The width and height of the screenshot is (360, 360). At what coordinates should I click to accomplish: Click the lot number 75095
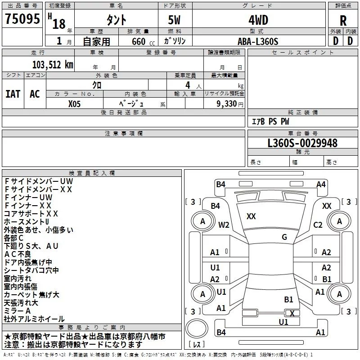click(x=22, y=18)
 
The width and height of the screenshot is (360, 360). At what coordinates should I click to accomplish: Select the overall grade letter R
click(x=343, y=21)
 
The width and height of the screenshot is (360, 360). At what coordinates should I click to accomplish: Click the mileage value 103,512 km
click(x=53, y=65)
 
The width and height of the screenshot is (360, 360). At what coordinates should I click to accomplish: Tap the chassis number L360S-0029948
click(x=302, y=143)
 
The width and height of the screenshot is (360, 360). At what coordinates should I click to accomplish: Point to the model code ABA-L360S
click(x=258, y=41)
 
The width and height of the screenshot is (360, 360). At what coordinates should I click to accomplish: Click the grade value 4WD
click(x=258, y=20)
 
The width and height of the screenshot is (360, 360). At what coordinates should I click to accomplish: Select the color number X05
click(x=74, y=104)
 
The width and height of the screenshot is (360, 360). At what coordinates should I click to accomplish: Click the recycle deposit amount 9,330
click(x=227, y=103)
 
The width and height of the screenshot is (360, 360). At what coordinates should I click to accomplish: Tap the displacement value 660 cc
click(x=143, y=41)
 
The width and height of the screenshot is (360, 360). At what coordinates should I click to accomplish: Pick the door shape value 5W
click(x=174, y=20)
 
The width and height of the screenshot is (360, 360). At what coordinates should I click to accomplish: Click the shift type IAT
click(x=13, y=94)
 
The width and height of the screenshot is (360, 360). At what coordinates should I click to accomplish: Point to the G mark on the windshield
click(x=284, y=237)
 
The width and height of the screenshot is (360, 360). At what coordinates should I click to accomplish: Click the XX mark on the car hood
click(x=251, y=216)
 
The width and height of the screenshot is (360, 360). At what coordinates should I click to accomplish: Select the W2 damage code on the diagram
click(x=224, y=225)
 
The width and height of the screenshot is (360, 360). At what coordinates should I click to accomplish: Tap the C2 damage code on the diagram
click(x=318, y=225)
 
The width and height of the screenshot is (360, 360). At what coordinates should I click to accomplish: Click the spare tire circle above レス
click(x=197, y=328)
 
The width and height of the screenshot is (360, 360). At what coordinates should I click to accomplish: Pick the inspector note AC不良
click(x=18, y=254)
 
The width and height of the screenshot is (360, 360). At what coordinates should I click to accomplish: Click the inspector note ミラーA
click(x=17, y=311)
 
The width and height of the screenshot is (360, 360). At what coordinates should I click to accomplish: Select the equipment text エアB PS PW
click(x=270, y=121)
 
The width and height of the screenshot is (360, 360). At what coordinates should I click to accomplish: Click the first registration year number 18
click(x=59, y=24)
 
